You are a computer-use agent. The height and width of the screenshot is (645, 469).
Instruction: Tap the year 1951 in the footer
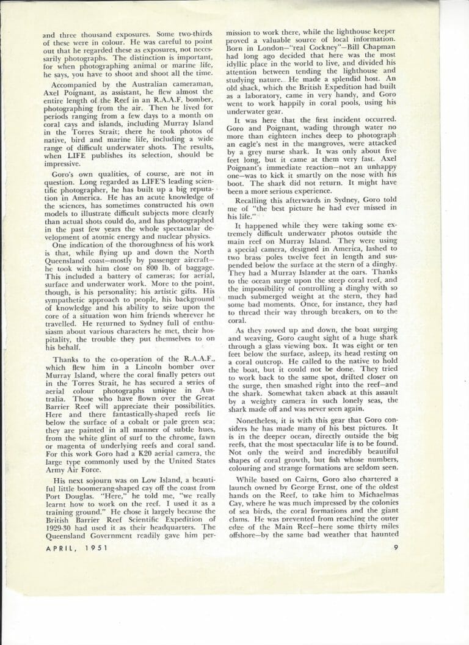(95, 548)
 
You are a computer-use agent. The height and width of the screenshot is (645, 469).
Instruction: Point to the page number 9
(396, 547)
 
